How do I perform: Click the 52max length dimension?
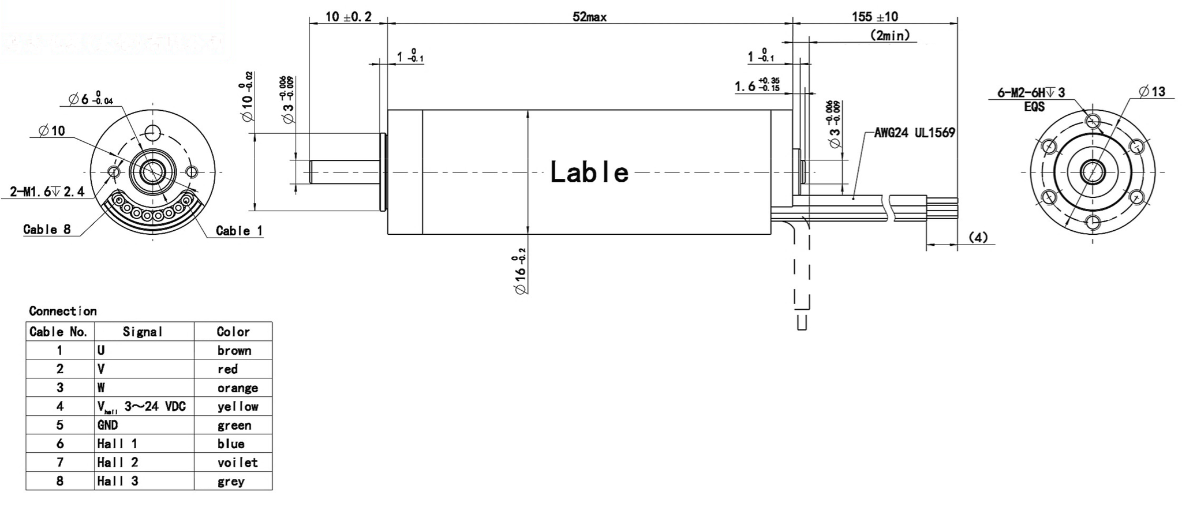coord(589,17)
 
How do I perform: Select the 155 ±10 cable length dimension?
coord(874,16)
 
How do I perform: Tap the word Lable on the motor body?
coord(589,172)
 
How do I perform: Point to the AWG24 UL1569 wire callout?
coord(914,133)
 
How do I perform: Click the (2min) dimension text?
coord(889,36)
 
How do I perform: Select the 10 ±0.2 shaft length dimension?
coord(348,17)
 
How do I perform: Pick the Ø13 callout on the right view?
coord(1151,92)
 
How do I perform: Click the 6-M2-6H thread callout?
coord(1031,93)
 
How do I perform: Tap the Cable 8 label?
coord(47,230)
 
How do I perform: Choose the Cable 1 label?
coord(239,231)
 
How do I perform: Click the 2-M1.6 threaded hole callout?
coord(47,192)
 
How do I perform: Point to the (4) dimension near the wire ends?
coord(977,237)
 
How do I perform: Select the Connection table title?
coord(63,311)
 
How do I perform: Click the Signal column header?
coord(143,332)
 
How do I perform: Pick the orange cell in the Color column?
coord(237,388)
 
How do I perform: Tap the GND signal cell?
coord(108,425)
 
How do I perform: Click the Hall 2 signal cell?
coord(118,462)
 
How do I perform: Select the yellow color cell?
coord(237,407)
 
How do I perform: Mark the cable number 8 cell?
coord(59,481)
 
